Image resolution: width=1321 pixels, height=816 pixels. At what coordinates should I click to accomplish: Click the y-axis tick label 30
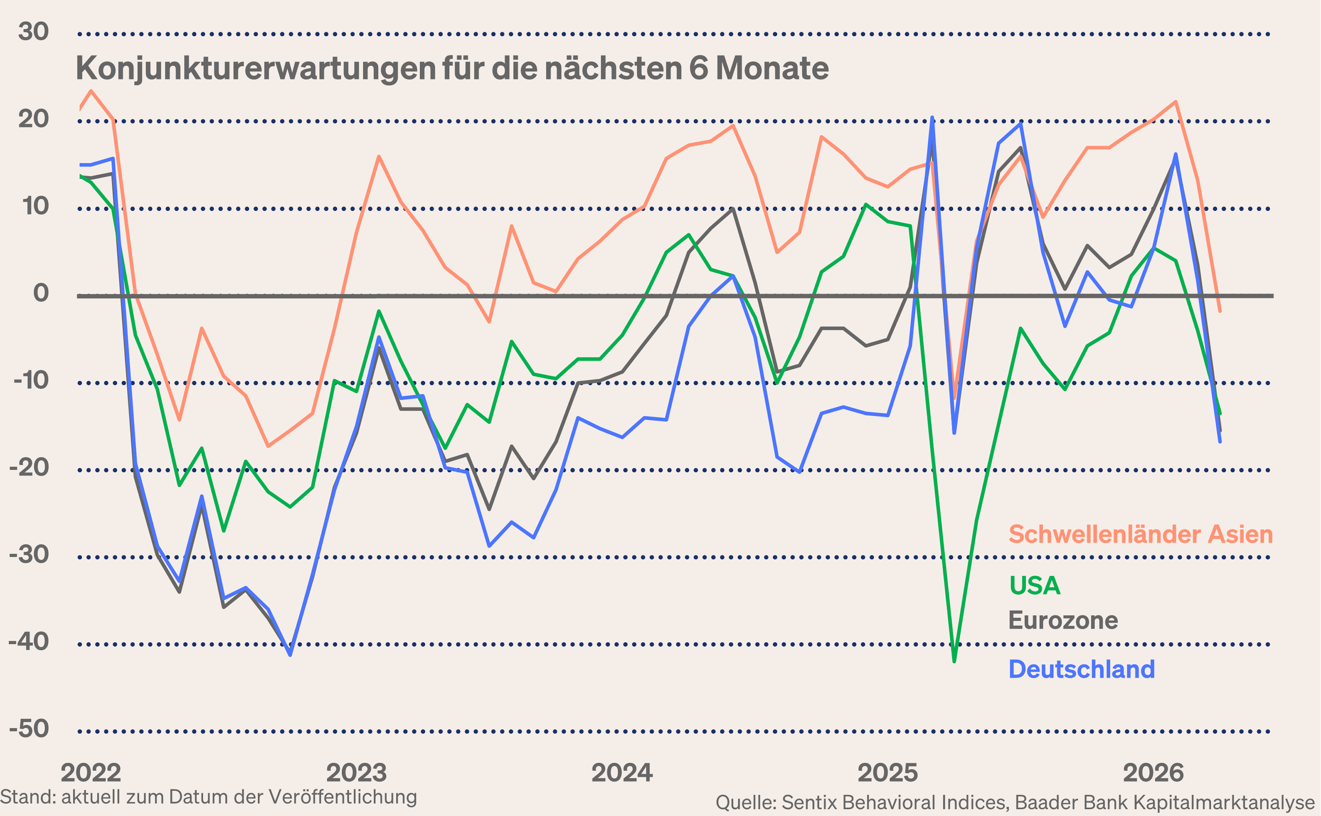(x=33, y=32)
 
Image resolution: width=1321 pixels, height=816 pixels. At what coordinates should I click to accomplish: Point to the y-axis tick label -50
(x=29, y=729)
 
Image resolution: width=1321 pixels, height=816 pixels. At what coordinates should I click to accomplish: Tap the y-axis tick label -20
(x=29, y=467)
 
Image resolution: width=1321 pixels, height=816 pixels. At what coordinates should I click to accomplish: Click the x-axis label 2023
(x=356, y=773)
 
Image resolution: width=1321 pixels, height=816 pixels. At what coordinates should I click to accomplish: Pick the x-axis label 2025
(x=888, y=773)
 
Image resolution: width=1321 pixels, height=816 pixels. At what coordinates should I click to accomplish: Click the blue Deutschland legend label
(x=1081, y=669)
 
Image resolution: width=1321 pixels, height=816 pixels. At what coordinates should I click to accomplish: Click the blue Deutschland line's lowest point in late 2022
(x=290, y=655)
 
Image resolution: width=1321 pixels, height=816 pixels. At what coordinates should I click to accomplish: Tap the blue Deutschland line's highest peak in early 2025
(x=932, y=117)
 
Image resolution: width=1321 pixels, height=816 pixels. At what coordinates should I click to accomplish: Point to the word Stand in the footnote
(x=27, y=796)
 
